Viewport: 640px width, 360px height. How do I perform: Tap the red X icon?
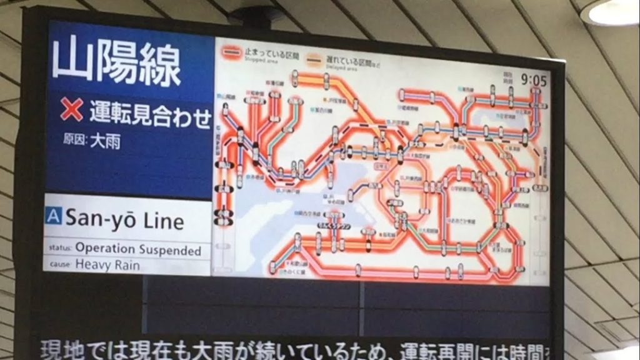71,111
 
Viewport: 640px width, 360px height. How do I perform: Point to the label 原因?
74,141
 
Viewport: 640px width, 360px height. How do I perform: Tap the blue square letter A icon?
54,217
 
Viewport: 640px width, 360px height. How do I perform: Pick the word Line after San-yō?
163,220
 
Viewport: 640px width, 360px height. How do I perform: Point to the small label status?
61,248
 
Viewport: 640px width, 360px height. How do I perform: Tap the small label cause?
61,264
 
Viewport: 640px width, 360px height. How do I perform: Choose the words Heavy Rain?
107,264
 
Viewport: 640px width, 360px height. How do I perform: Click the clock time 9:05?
533,81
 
